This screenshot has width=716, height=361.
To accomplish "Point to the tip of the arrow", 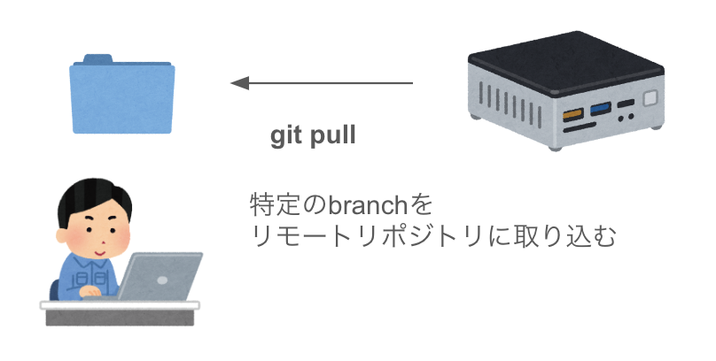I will [233, 83].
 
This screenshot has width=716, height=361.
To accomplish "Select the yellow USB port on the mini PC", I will [571, 111].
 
